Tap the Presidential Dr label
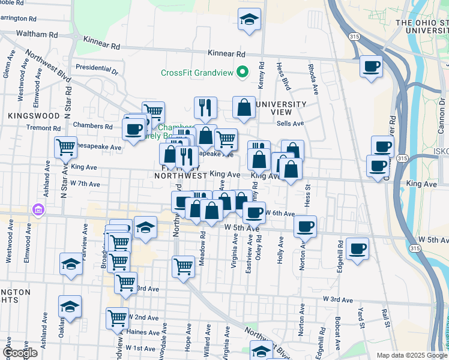(97, 68)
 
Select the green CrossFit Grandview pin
(243, 73)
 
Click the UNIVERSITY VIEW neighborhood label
(281, 109)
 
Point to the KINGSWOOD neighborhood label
(34, 115)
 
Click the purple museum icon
(39, 210)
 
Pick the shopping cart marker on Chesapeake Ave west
(65, 146)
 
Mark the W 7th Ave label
(85, 184)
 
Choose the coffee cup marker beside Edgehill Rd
(357, 248)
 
